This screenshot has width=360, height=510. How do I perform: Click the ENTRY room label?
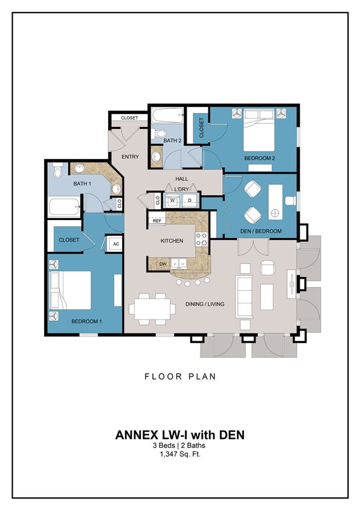point(130,157)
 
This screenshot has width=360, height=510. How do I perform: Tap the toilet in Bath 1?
point(57,171)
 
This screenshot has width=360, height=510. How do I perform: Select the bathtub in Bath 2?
point(166,115)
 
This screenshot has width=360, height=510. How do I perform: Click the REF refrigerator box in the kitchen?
point(157,221)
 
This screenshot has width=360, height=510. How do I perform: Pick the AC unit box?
point(115,244)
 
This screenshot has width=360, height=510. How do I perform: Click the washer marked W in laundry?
point(173,200)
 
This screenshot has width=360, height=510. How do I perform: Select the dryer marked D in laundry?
point(189,200)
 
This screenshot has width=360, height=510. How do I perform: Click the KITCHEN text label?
point(172,241)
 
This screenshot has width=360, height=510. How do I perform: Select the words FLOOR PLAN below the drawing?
point(180,376)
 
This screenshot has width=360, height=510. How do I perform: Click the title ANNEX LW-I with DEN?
point(179,434)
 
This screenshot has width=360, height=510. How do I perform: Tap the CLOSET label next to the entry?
point(129,118)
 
